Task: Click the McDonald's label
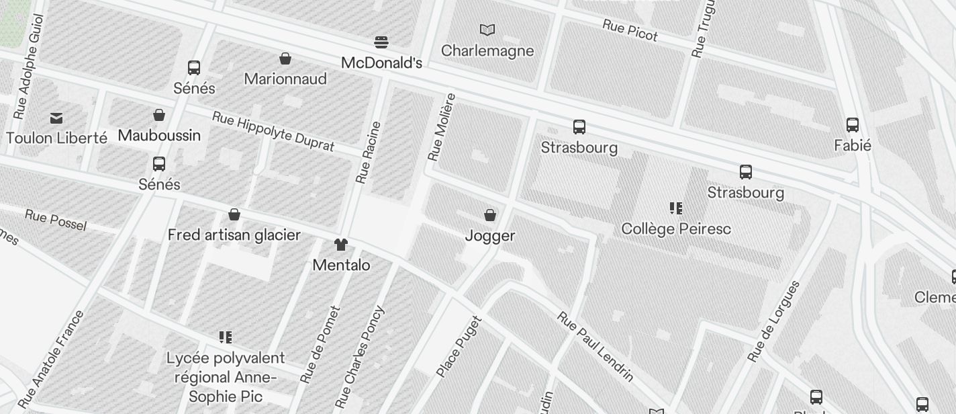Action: click(x=381, y=63)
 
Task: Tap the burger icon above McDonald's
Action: click(x=381, y=43)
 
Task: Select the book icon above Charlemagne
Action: click(x=487, y=30)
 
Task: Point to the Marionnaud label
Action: click(x=285, y=79)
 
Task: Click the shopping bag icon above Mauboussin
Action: click(x=159, y=116)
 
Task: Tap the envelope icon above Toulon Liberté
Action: click(x=56, y=118)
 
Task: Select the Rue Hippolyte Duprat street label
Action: click(x=273, y=131)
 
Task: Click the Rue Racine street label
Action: click(x=368, y=153)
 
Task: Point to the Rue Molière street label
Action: click(x=441, y=127)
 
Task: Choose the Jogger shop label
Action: click(x=490, y=236)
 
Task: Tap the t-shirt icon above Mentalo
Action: click(x=341, y=245)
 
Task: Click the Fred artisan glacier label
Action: click(x=234, y=235)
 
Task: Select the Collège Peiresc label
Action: click(x=676, y=229)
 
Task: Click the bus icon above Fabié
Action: click(x=853, y=125)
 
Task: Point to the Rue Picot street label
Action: click(x=630, y=30)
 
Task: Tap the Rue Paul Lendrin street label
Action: click(x=595, y=347)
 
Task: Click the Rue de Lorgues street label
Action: click(x=774, y=321)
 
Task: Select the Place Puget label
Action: click(x=459, y=346)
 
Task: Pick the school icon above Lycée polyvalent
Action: click(x=225, y=337)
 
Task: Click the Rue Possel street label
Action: click(x=56, y=219)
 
